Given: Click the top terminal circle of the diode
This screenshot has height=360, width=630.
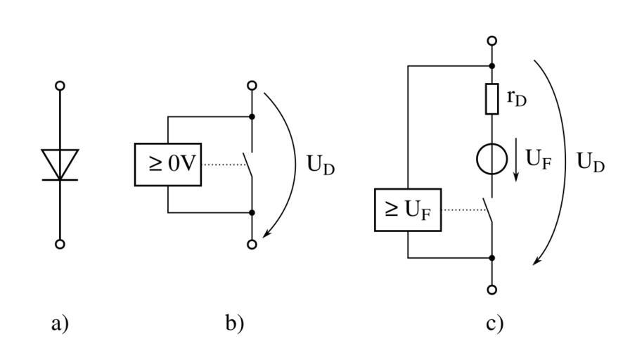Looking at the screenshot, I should [x=60, y=85].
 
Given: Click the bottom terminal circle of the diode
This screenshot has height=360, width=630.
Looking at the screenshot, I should [x=60, y=244].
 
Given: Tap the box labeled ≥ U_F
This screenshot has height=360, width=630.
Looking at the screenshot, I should [x=408, y=210].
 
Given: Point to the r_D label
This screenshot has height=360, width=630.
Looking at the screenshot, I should [x=517, y=99].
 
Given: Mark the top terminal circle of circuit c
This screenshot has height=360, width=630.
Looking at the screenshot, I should [x=492, y=41].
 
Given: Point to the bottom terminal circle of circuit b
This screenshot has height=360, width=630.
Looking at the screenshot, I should [x=252, y=244].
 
